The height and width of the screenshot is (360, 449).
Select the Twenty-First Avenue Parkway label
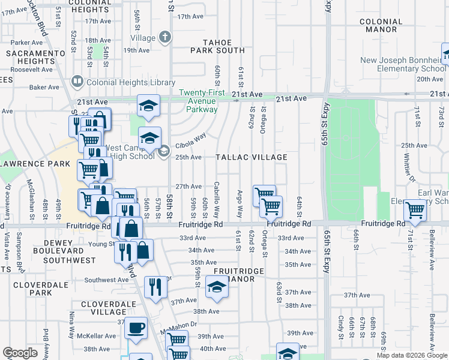click(201, 101)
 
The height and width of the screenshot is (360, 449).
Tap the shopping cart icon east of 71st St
click(415, 210)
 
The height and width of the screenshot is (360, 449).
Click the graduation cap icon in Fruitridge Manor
click(217, 287)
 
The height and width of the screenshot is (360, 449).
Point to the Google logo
click(20, 353)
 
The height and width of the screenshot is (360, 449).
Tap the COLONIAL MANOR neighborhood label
click(381, 25)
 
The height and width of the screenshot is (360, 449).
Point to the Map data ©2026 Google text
click(411, 355)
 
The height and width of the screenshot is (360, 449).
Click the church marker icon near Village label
click(165, 37)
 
